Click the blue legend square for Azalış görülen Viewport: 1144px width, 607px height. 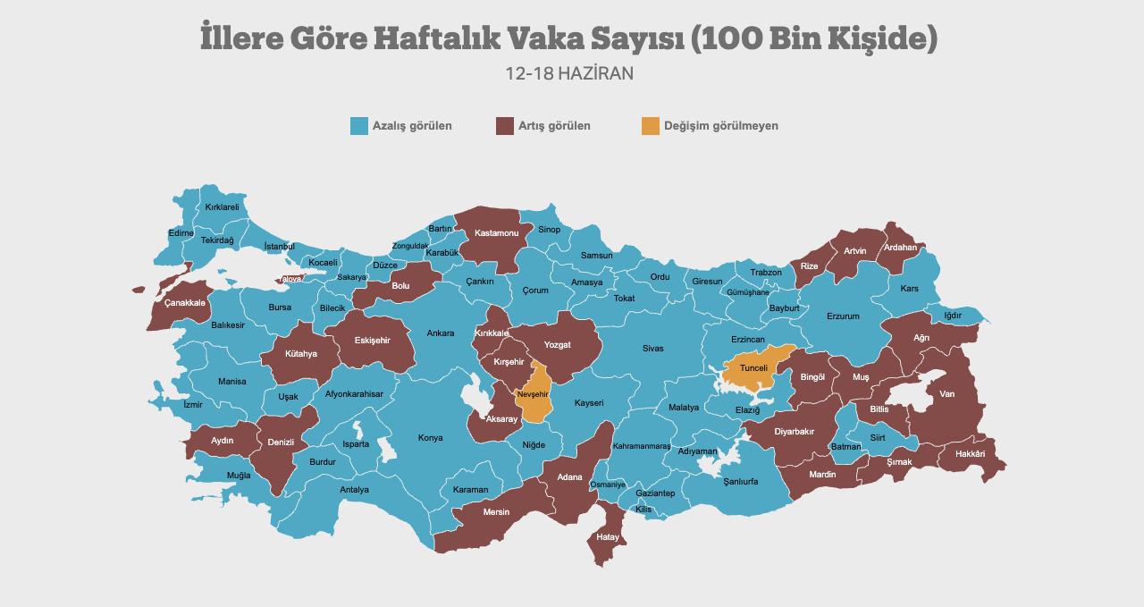pos(359,126)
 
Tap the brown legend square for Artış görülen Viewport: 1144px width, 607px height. pos(505,126)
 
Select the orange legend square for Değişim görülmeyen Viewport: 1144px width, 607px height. pos(651,126)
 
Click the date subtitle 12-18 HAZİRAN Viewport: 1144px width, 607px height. pos(569,73)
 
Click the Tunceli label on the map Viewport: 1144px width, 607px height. pos(753,368)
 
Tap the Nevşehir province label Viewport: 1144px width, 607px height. pos(533,394)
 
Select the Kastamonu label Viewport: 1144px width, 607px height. pos(497,233)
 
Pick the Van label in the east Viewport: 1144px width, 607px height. pos(946,394)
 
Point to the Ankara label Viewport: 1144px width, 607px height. pos(440,333)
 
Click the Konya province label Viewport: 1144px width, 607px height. pos(431,438)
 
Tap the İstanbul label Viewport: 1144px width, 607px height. pos(280,247)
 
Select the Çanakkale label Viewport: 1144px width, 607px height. pos(185,303)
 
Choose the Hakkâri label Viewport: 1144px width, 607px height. pos(970,454)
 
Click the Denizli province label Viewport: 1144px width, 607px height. pos(281,443)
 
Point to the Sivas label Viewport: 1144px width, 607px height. pos(653,349)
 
